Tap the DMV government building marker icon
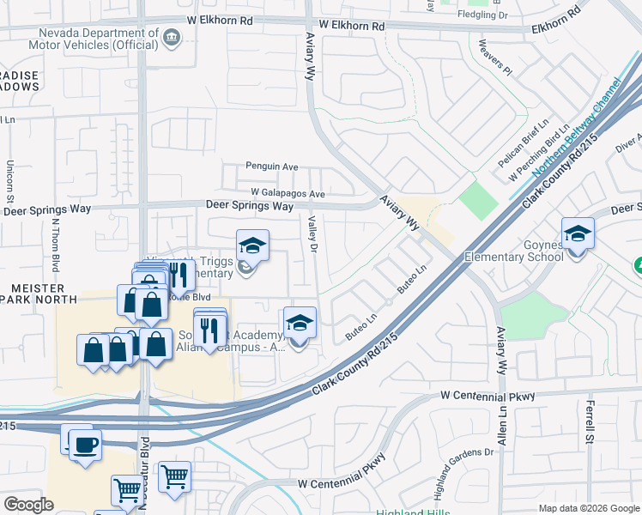[172, 37]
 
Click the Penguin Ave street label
[271, 167]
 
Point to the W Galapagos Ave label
[288, 194]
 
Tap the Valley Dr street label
[312, 234]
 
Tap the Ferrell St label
[591, 421]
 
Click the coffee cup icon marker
[85, 445]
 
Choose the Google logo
[28, 504]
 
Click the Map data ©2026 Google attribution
[588, 508]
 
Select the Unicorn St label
[9, 181]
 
